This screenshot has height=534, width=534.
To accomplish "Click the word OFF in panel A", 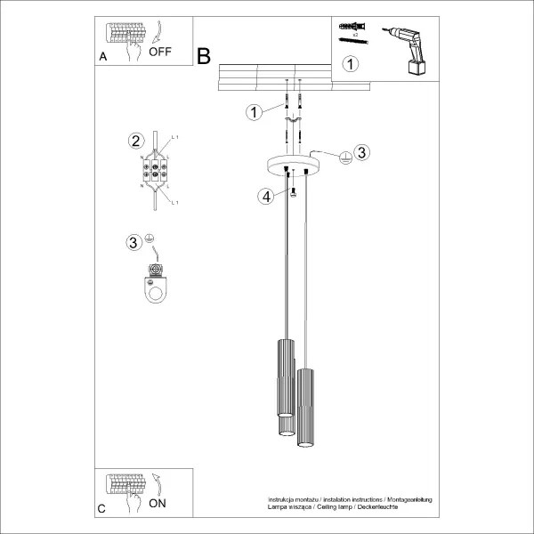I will (160, 52).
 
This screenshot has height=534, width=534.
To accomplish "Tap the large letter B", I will (204, 56).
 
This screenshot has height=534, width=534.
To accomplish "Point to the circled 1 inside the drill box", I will (352, 64).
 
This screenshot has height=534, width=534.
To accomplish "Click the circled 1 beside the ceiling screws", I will (254, 112).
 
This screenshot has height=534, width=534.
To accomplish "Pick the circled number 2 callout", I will (135, 141).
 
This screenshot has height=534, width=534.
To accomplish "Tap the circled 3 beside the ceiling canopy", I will (360, 153).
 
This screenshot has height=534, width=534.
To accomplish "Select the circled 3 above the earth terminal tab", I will (133, 241).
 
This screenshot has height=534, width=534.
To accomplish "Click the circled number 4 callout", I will (264, 196).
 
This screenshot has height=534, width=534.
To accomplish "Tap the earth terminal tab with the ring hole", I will (157, 284).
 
